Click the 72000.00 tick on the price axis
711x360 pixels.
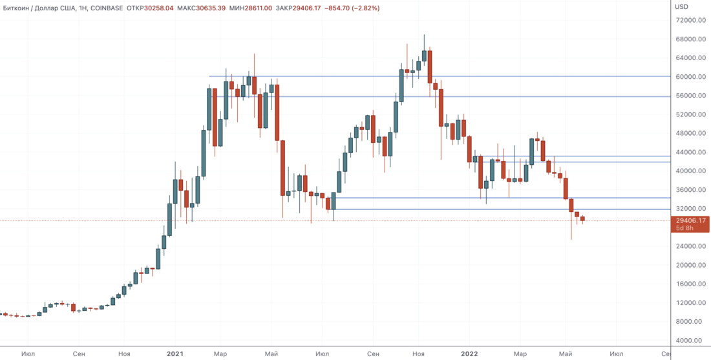tap(689, 20)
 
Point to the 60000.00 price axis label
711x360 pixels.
tap(689, 76)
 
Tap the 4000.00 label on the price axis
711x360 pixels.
tap(691, 341)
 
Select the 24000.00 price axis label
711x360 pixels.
tap(689, 246)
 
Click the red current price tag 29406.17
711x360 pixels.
tap(691, 220)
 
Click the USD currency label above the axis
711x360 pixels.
tap(681, 7)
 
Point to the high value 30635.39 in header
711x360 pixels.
tap(217, 8)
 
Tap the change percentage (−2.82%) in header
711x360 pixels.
tap(363, 8)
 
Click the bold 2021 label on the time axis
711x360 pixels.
tap(175, 354)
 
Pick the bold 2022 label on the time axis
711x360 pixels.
tap(469, 354)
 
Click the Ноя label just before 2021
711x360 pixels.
tap(125, 354)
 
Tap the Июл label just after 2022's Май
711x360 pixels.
tap(617, 354)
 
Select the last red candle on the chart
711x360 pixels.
tap(582, 218)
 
